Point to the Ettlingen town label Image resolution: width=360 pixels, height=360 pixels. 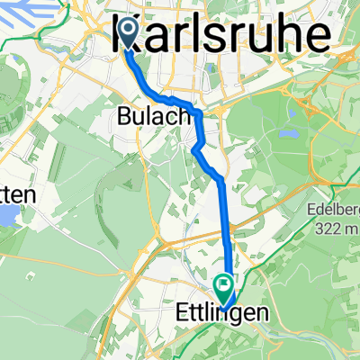click(x=220, y=314)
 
